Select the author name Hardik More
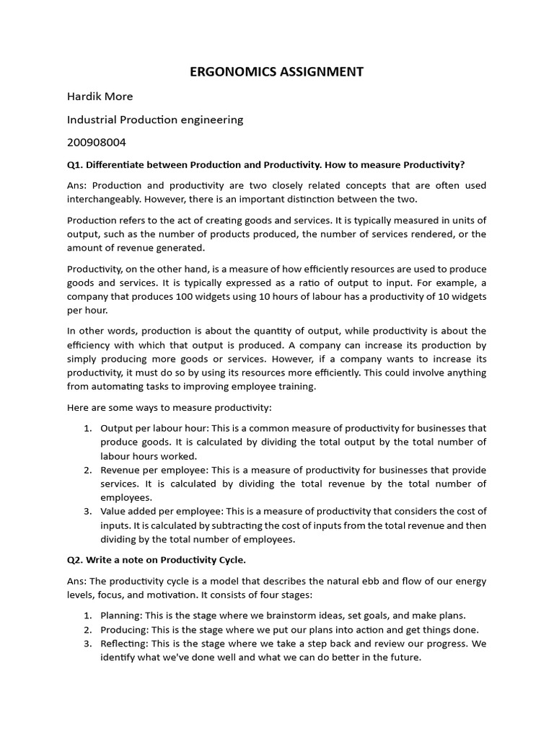tap(100, 96)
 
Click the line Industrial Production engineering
tap(155, 120)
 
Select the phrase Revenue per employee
tap(152, 470)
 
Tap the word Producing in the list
tap(123, 629)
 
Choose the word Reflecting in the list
tap(123, 644)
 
